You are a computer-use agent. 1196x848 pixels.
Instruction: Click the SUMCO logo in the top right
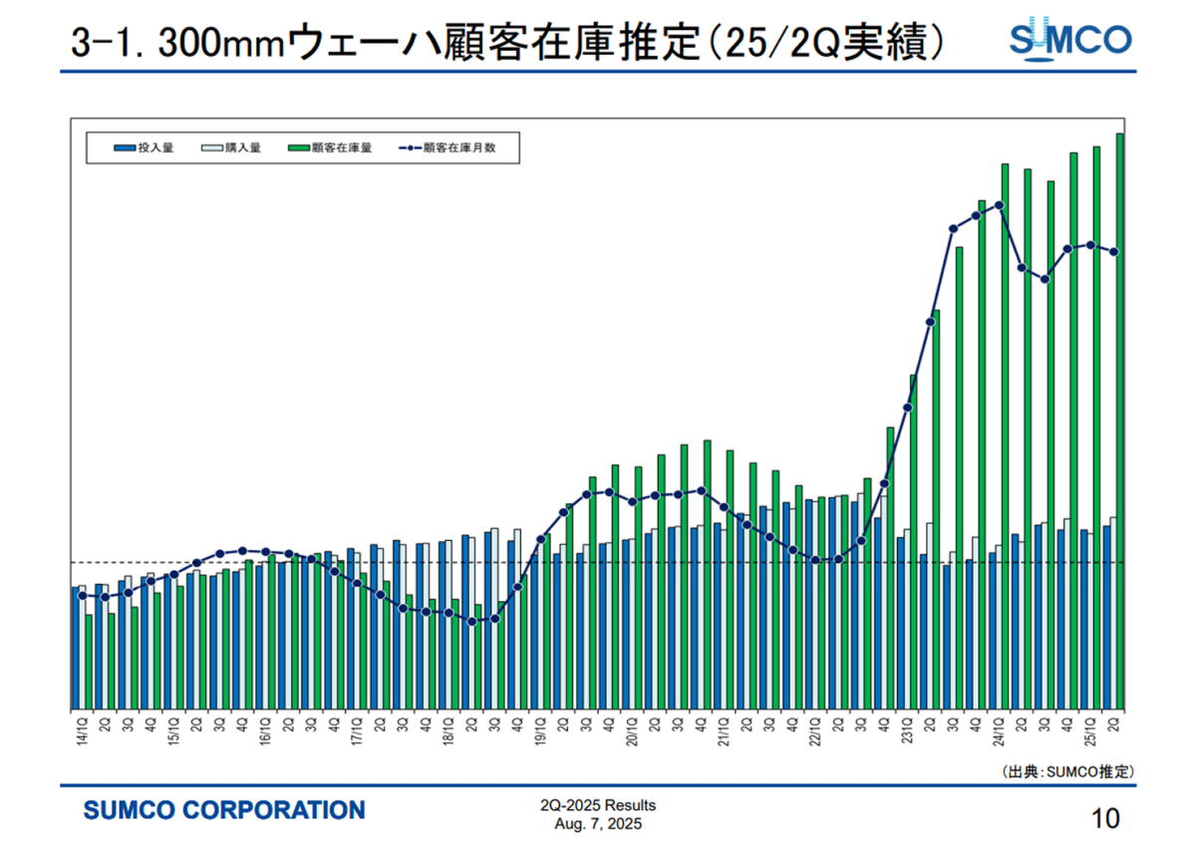[x=1070, y=40]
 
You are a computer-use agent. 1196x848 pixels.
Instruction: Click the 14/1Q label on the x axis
[x=80, y=727]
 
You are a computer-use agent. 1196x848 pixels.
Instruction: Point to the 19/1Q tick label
[x=539, y=727]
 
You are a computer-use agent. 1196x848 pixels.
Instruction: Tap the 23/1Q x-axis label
[x=907, y=727]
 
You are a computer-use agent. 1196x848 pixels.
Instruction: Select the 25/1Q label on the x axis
[x=1091, y=727]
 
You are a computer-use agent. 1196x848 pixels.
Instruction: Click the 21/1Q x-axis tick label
[x=724, y=727]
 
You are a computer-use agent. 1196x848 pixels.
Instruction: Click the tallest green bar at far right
[x=1120, y=419]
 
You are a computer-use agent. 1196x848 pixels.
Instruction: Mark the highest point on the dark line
[x=999, y=205]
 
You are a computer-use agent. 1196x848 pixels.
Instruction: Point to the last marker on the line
[x=1114, y=251]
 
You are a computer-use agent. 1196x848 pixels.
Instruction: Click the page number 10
[x=1106, y=819]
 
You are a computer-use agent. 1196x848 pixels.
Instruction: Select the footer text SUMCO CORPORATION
[x=224, y=810]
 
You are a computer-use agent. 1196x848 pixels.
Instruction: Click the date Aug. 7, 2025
[x=598, y=824]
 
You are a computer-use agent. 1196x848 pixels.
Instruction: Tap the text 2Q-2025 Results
[x=598, y=806]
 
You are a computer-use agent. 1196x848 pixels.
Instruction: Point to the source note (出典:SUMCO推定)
[x=1067, y=771]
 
